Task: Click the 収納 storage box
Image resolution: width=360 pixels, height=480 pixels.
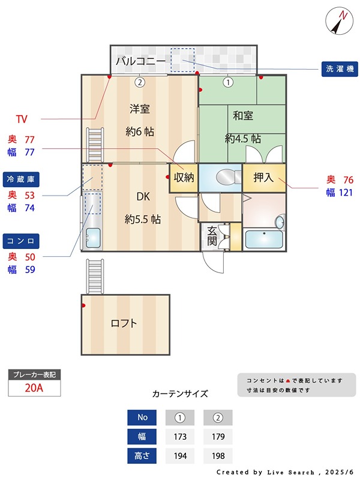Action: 184,178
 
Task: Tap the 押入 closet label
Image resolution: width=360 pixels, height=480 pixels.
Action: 263,177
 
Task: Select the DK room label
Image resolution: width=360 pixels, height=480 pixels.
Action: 143,196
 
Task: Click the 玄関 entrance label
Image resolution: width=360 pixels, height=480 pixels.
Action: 212,235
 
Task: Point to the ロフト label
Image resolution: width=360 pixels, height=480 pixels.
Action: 124,323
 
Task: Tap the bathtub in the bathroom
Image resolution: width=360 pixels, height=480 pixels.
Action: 263,239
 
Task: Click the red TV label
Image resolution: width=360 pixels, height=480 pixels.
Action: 22,118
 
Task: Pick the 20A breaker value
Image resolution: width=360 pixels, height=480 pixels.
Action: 34,388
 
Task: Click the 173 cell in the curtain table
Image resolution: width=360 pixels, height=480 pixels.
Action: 179,436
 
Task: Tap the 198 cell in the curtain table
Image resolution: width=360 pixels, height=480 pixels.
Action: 218,456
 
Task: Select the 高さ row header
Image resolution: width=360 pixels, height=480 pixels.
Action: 143,456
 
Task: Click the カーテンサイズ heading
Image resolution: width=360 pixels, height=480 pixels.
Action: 180,394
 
